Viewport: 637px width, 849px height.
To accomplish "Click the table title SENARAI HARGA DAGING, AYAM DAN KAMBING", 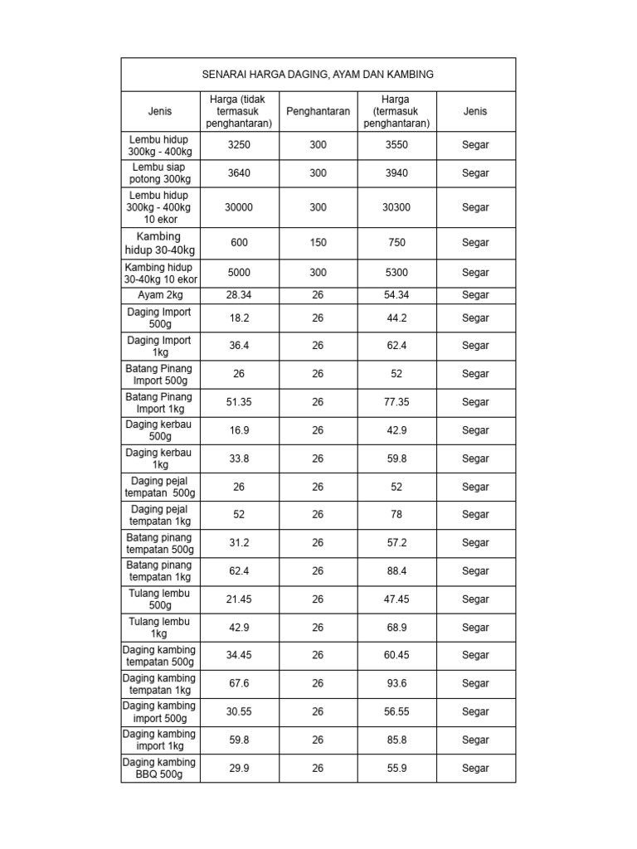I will point(318,75).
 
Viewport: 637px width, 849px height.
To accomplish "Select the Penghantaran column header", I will point(318,111).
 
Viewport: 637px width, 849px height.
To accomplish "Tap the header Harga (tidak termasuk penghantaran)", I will point(239,111).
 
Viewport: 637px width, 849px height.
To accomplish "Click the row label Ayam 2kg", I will point(160,295).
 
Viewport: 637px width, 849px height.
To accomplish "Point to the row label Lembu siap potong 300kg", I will point(160,173).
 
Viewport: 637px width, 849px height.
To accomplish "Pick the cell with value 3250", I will point(239,144).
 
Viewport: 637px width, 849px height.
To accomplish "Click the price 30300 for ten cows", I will point(396,208).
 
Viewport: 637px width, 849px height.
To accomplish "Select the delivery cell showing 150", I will point(318,243).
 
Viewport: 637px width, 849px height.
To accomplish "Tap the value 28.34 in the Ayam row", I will point(239,295).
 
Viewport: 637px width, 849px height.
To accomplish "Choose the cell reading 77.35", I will point(396,402).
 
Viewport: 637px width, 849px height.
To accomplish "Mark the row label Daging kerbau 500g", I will point(160,430).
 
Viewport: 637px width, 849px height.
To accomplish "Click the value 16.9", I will point(239,430).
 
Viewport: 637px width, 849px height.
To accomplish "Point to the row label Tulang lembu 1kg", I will point(160,628).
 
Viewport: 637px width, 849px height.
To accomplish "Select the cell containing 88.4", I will point(396,571).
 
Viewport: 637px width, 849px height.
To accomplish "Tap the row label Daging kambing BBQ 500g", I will point(160,769).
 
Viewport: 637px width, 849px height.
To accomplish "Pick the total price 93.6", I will point(396,684).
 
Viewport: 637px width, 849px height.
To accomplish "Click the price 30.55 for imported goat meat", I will point(239,712).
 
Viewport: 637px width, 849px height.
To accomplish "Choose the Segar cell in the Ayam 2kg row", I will point(475,295).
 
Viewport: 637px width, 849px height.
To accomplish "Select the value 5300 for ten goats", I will point(396,273).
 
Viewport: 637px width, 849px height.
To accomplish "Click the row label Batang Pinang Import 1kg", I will point(160,402).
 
